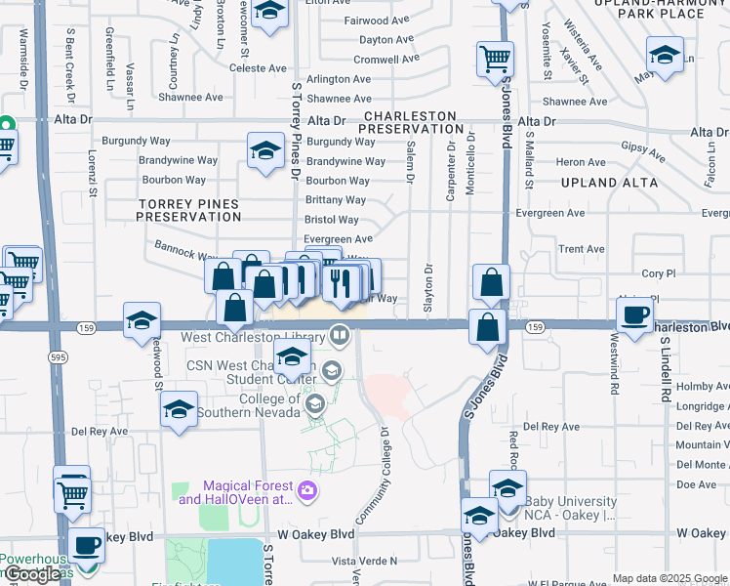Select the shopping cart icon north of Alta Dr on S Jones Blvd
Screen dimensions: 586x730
click(x=495, y=59)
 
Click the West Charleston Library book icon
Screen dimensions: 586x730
click(x=340, y=335)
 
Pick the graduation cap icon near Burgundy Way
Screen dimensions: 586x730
click(x=264, y=150)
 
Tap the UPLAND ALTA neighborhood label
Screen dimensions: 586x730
click(x=604, y=183)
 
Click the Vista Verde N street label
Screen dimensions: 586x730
click(x=365, y=561)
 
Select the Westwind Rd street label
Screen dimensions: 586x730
click(x=614, y=362)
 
